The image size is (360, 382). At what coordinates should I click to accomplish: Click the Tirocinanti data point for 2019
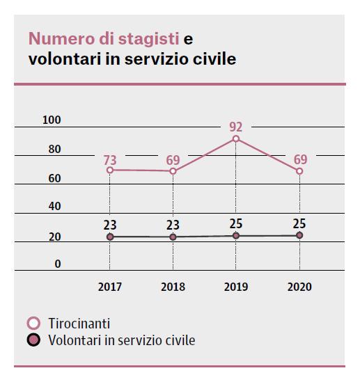236,139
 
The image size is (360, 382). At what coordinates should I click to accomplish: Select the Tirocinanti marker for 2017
110,170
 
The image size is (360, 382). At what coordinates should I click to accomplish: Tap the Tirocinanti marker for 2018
173,171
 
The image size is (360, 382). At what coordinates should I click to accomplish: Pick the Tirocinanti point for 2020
299,171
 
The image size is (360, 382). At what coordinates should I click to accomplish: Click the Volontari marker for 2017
110,237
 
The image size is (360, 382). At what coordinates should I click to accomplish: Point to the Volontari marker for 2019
236,236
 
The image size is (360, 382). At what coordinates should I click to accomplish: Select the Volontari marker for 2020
299,236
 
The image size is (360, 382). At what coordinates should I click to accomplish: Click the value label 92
236,127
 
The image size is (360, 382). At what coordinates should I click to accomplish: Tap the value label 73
110,161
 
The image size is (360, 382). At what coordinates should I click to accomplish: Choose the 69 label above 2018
173,161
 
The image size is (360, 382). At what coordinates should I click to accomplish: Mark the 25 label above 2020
299,223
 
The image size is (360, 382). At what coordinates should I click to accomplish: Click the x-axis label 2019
236,287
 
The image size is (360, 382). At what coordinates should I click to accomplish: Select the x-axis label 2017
110,287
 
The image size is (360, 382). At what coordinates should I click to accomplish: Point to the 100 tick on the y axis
52,120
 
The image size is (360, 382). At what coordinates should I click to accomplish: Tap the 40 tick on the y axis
54,207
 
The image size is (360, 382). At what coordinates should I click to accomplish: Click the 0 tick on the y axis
58,264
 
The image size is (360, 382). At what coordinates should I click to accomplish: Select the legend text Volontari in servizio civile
122,340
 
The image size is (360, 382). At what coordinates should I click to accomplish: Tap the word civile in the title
216,59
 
